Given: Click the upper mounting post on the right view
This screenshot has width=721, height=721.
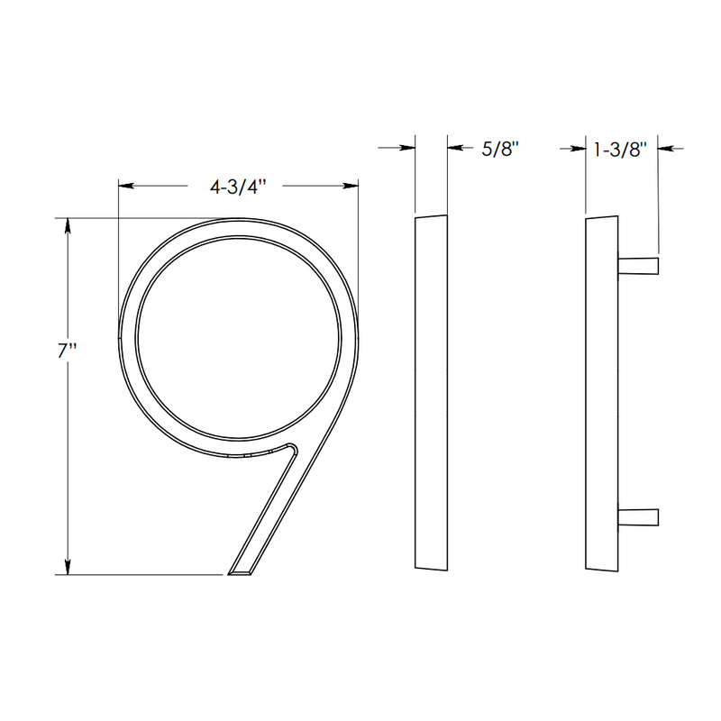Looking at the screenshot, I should (640, 264).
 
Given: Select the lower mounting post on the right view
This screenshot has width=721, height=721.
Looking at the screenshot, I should (640, 516).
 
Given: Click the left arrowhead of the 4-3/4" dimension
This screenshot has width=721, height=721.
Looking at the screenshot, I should (127, 187).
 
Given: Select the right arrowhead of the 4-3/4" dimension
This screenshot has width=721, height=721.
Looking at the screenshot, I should (351, 187).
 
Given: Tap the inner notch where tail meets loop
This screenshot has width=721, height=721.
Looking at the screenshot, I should (293, 447).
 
